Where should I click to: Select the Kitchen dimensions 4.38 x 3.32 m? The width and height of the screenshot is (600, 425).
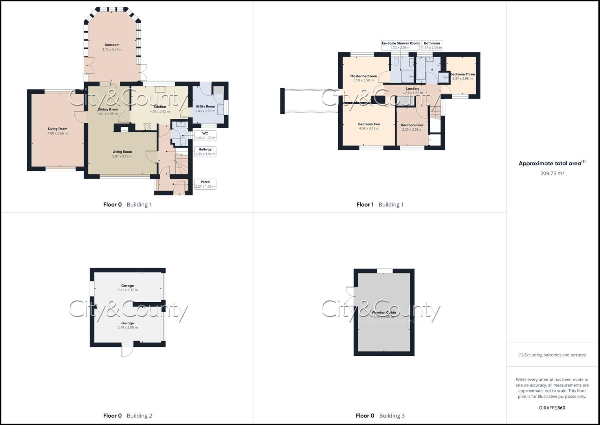[160, 111]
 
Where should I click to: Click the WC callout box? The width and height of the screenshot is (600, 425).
[205, 136]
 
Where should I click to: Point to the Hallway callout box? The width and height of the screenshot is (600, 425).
[205, 152]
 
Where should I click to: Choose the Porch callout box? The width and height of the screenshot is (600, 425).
[205, 184]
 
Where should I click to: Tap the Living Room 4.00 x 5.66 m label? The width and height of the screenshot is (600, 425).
[57, 131]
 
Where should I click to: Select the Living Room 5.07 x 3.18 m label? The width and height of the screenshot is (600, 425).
[122, 154]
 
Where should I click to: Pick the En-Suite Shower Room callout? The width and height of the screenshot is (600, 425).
[400, 45]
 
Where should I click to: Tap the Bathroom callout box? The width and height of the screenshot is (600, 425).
[432, 45]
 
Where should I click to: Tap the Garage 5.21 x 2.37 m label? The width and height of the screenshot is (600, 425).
[127, 288]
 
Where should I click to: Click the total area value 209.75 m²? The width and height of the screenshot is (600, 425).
[552, 173]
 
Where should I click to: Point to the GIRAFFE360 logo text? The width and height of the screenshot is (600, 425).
[552, 408]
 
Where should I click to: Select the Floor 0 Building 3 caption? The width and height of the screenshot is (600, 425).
[380, 416]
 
